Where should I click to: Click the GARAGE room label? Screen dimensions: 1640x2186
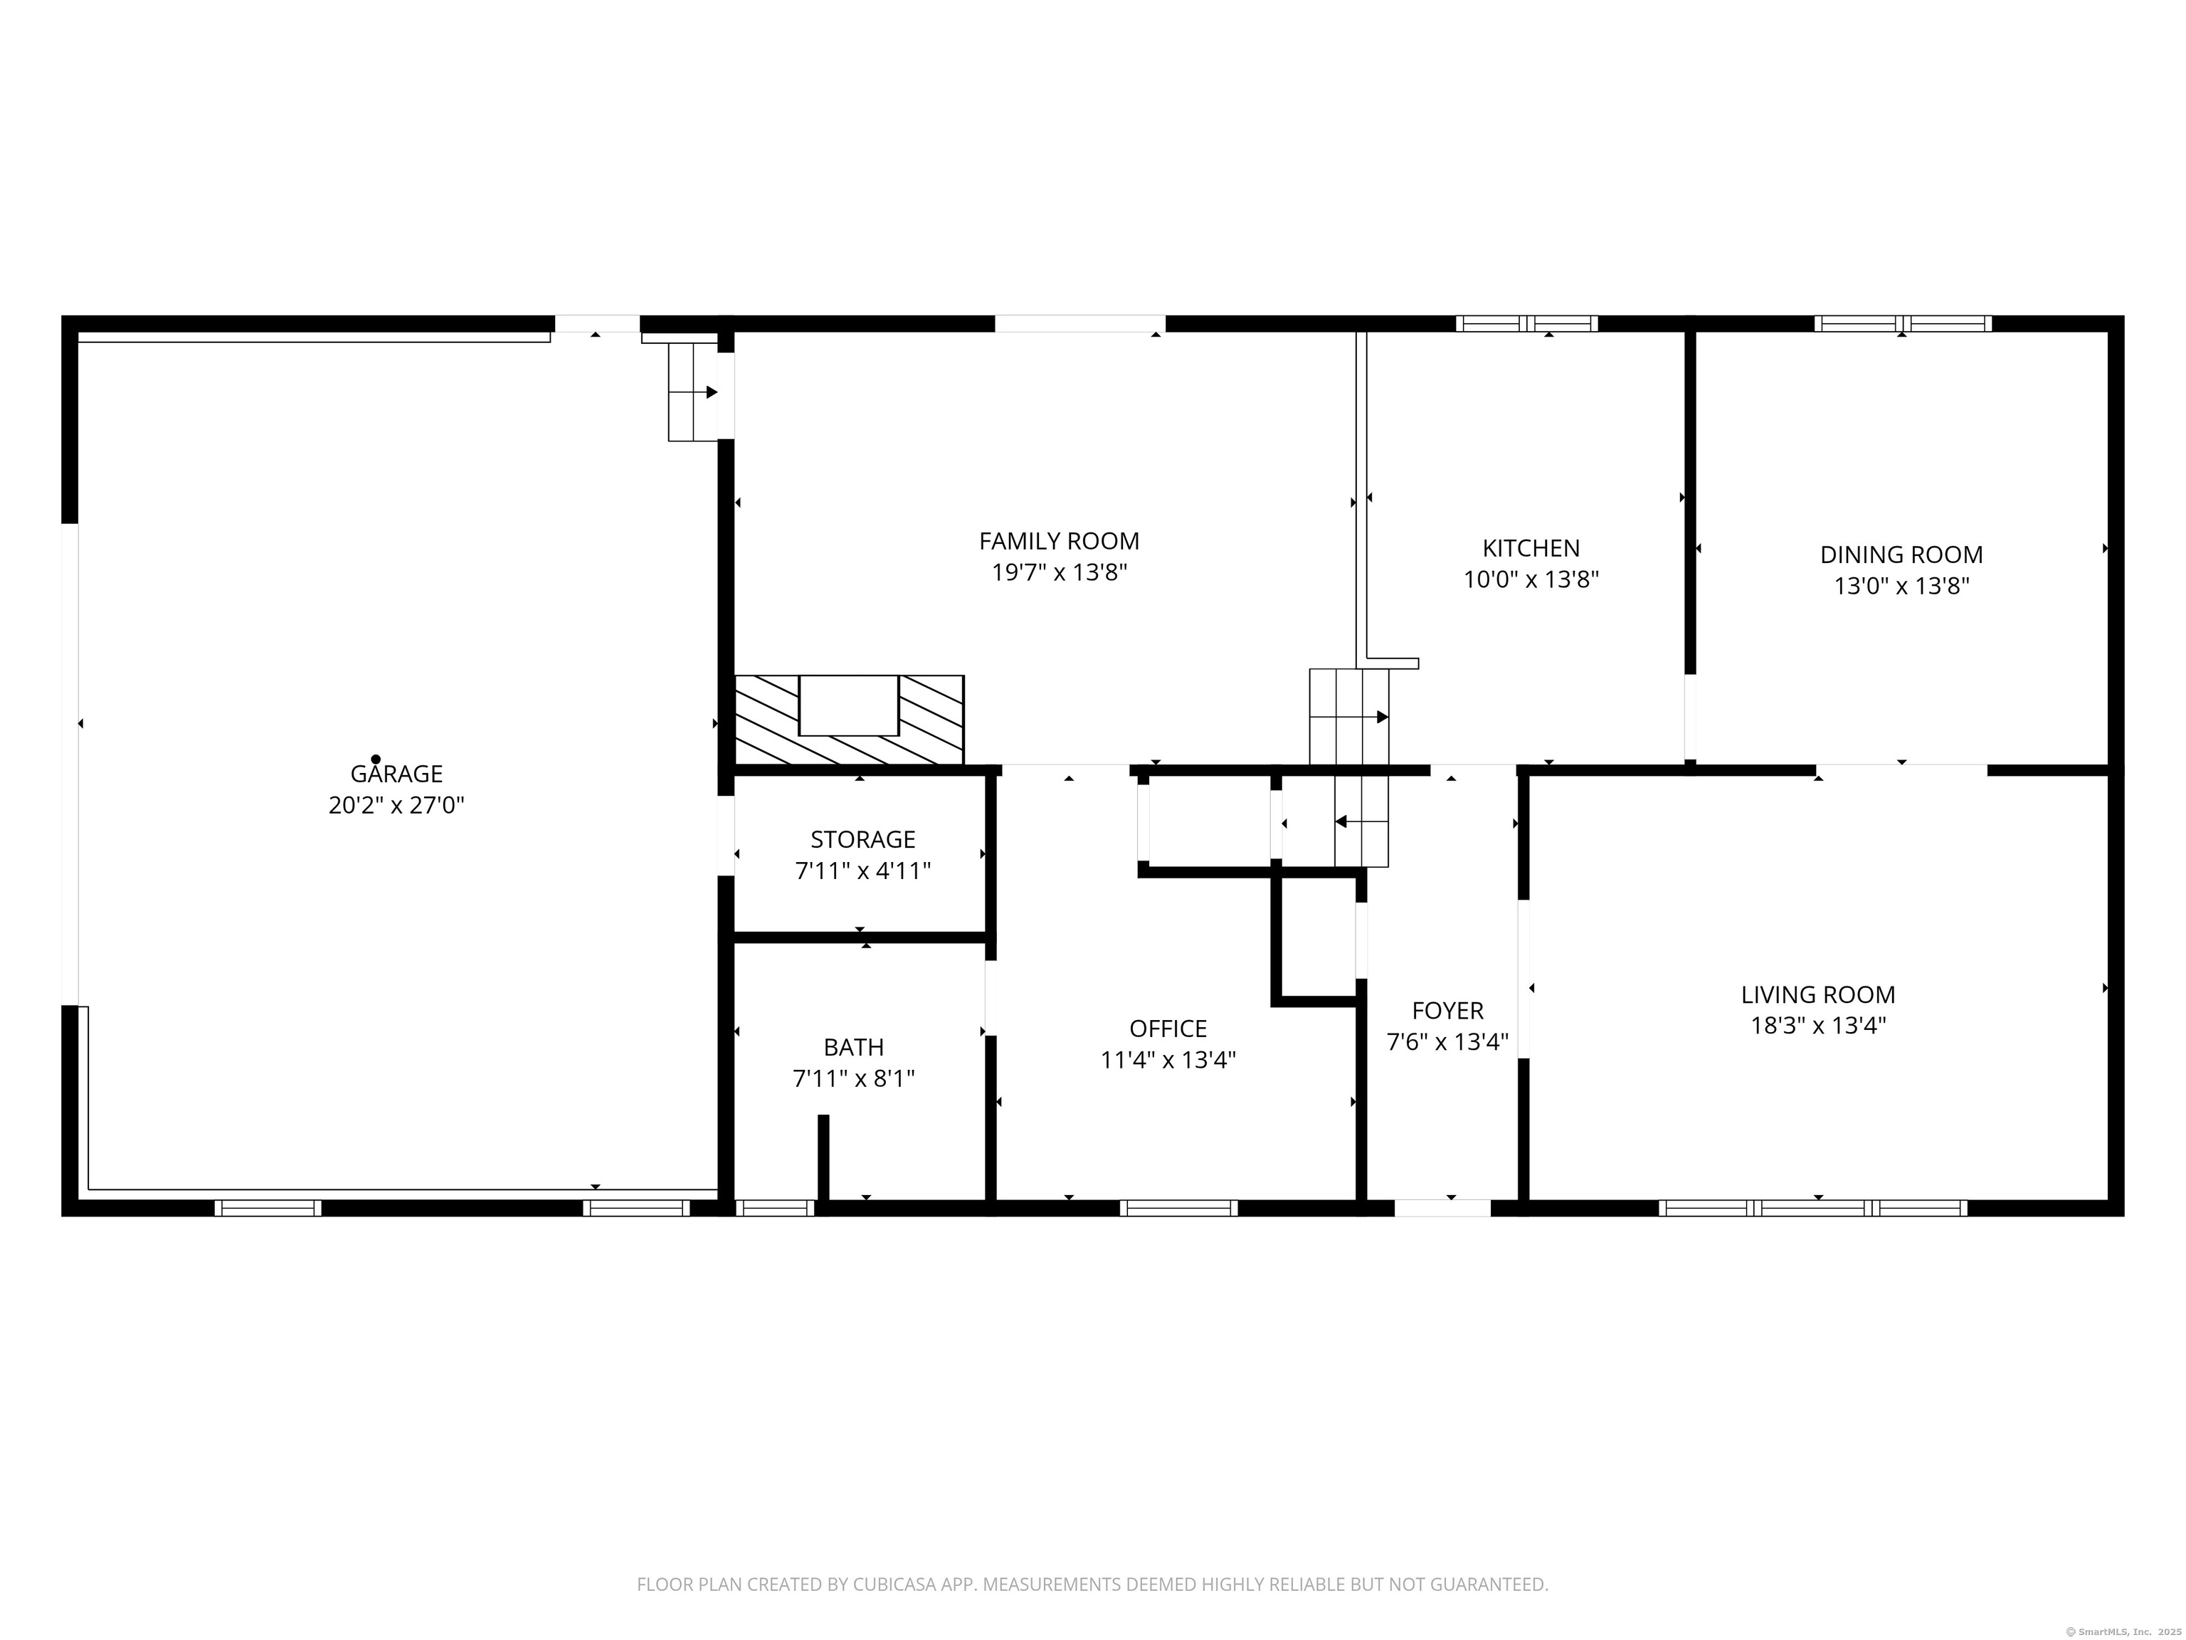[x=396, y=774]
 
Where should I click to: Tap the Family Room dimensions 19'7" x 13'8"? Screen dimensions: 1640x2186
[x=1060, y=572]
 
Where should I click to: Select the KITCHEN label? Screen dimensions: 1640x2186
[x=1531, y=547]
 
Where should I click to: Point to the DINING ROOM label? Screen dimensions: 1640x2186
[x=1901, y=554]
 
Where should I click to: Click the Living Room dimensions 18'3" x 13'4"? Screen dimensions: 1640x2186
[x=1818, y=1025]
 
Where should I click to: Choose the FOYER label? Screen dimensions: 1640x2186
[x=1448, y=1010]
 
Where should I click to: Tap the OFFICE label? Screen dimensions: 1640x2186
[x=1168, y=1028]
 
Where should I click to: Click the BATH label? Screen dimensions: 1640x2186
[x=854, y=1047]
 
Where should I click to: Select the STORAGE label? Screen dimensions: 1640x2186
[x=862, y=839]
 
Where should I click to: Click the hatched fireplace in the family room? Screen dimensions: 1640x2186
[x=849, y=720]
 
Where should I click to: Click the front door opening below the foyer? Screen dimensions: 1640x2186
[x=1442, y=1208]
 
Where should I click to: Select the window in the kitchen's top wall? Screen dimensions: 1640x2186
[x=1527, y=323]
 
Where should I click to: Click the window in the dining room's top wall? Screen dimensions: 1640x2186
[x=1902, y=323]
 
